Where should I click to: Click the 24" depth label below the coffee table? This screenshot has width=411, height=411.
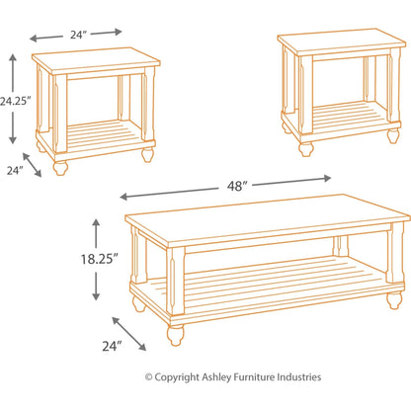point(111,345)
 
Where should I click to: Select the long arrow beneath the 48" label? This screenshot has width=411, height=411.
point(225,188)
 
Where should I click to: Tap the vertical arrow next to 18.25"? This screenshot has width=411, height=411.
point(97,259)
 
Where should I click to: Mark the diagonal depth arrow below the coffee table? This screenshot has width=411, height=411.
point(131,332)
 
